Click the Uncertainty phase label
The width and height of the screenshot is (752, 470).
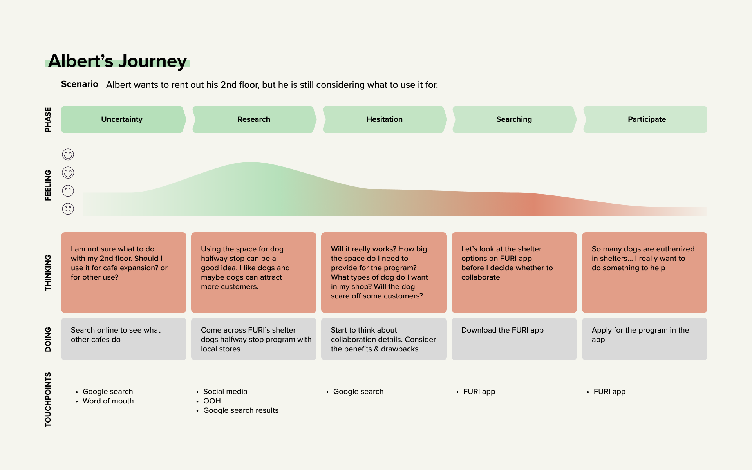122,119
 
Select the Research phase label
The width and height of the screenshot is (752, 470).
254,119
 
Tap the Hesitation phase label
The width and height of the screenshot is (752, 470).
384,119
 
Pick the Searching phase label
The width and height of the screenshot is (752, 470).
514,119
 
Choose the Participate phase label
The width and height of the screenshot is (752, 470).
647,119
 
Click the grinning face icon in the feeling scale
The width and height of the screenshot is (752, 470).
68,155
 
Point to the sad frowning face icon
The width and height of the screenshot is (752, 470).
68,209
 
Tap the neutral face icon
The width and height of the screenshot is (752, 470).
68,191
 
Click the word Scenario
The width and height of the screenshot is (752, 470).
80,84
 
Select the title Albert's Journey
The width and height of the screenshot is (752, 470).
117,61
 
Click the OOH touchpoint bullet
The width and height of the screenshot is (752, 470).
212,401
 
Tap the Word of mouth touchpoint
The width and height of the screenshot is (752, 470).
108,401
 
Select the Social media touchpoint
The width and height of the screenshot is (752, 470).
225,392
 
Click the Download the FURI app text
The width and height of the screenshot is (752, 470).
502,330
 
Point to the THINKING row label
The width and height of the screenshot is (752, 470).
48,273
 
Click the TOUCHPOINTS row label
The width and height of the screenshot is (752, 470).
48,399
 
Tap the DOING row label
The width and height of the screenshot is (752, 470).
48,339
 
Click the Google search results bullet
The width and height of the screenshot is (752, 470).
241,410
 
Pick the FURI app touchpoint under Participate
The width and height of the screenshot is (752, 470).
609,392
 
